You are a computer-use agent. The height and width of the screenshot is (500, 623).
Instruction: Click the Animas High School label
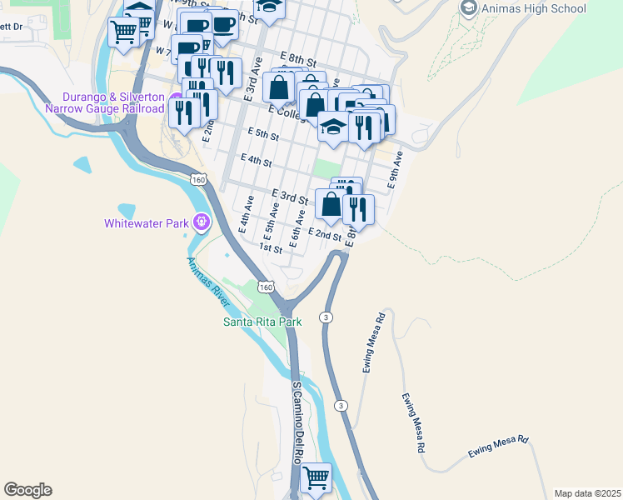(x=534, y=9)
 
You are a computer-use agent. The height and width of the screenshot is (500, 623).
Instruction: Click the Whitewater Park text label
(x=147, y=223)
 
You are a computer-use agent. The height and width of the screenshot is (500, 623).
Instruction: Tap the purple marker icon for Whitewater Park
(x=201, y=222)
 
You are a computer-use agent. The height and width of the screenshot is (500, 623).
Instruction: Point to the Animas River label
(x=207, y=280)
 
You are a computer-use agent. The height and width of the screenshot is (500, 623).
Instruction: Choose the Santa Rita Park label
(x=262, y=321)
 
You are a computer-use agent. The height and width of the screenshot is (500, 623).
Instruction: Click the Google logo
(x=27, y=490)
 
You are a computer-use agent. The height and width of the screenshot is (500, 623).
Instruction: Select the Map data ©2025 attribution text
(x=586, y=492)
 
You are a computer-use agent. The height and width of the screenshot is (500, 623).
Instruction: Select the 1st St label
(x=271, y=248)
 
